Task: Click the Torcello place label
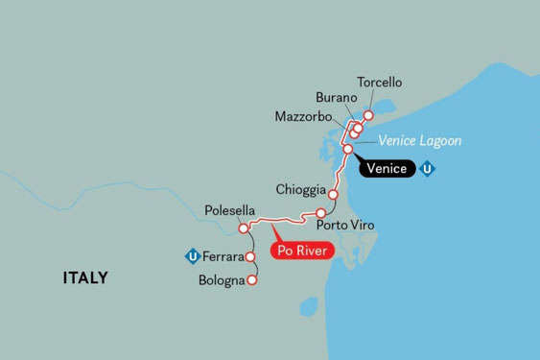[x=379, y=83]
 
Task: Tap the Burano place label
[x=336, y=98]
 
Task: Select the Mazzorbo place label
[x=303, y=117]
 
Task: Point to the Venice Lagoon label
[x=420, y=141]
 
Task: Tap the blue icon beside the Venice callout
[x=429, y=170]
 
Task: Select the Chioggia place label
[x=300, y=188]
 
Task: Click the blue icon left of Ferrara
[x=192, y=256]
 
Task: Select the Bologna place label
[x=221, y=281]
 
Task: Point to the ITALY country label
[x=85, y=278]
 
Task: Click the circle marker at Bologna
[x=251, y=281]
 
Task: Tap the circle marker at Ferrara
[x=249, y=257]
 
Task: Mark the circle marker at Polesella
[x=244, y=228]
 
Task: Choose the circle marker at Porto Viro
[x=320, y=213]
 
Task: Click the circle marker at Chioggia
[x=332, y=194]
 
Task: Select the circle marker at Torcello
[x=366, y=117]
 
